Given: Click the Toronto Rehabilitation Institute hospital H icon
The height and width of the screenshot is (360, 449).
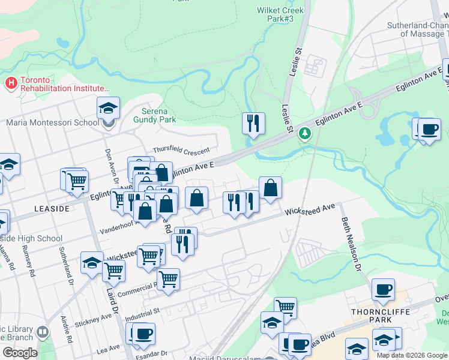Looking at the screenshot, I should (x=10, y=82).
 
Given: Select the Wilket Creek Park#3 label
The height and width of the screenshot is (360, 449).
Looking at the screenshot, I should (x=280, y=14).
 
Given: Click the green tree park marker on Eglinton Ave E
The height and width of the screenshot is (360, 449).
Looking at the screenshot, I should (x=306, y=132).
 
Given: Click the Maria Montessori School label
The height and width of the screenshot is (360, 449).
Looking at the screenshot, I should (x=52, y=123).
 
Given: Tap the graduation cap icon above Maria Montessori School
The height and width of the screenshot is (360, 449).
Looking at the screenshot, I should (x=109, y=108).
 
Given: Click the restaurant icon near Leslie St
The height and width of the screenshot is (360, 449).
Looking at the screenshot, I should (x=253, y=123).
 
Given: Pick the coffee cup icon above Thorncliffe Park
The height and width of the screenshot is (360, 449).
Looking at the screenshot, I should (x=383, y=289).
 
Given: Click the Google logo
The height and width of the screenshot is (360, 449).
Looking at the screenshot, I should (x=20, y=352).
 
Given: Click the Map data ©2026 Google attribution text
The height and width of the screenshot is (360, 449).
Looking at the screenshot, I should (x=412, y=355).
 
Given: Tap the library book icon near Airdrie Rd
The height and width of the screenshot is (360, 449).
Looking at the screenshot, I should (x=43, y=332).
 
